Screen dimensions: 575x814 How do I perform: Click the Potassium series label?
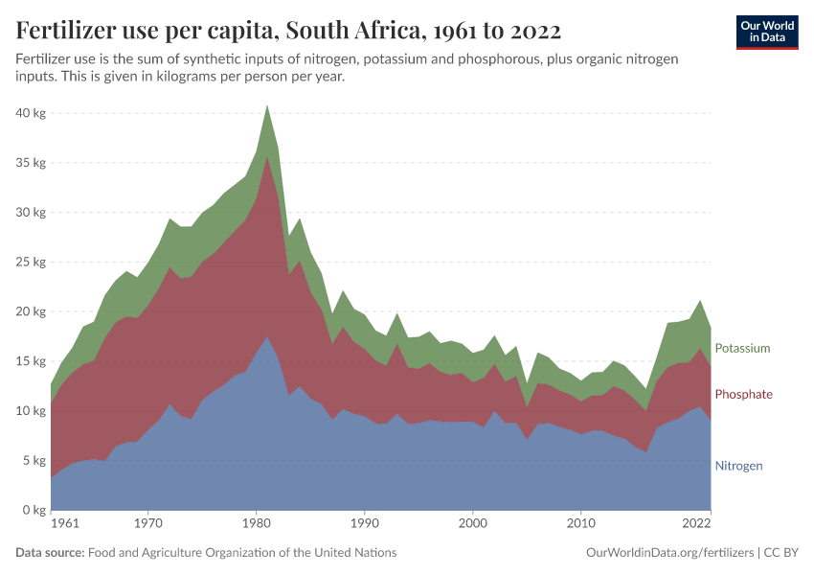point(742,348)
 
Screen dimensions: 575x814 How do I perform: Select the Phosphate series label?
point(743,395)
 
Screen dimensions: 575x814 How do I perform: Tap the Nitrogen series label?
point(738,466)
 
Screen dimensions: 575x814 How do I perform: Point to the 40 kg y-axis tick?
point(33,113)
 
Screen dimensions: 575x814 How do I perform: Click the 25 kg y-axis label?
point(33,263)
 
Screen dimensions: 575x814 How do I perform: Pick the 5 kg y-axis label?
point(35,461)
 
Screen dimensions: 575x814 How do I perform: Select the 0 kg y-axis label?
point(35,511)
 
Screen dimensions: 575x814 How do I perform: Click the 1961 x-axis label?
point(65,524)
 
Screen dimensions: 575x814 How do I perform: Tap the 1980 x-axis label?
point(256,524)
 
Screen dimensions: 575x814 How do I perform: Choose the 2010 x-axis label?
point(580,524)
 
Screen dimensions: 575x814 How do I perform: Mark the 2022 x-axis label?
point(696,524)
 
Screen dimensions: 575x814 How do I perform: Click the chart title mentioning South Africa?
point(288,31)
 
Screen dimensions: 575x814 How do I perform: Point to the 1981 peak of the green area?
point(267,105)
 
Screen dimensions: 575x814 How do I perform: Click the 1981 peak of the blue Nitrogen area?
point(267,336)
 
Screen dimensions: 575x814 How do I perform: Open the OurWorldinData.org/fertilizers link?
point(668,553)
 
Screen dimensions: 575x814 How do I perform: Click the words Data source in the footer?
point(50,553)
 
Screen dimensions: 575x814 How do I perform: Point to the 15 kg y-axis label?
point(33,361)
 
